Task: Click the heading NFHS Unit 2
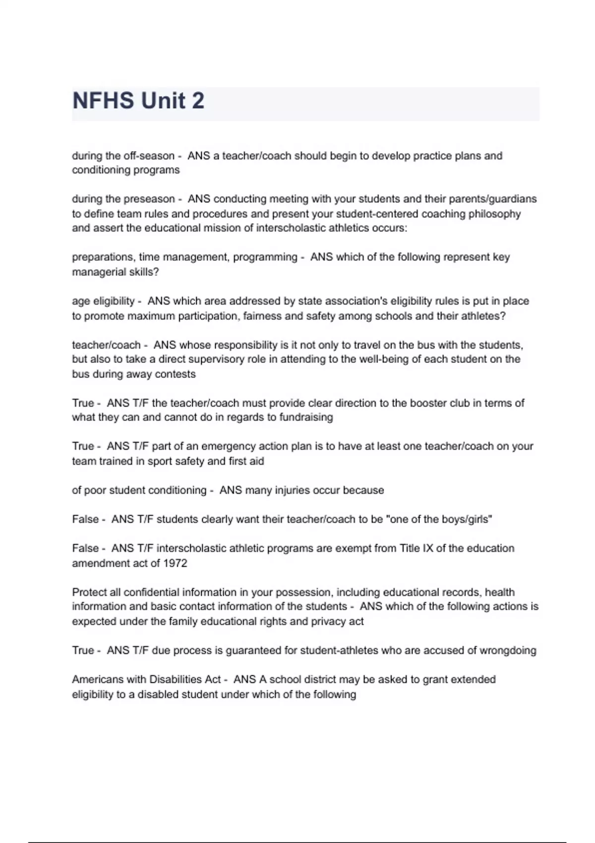click(138, 101)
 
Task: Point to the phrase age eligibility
click(103, 301)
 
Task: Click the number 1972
click(175, 564)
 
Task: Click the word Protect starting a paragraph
click(88, 593)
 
